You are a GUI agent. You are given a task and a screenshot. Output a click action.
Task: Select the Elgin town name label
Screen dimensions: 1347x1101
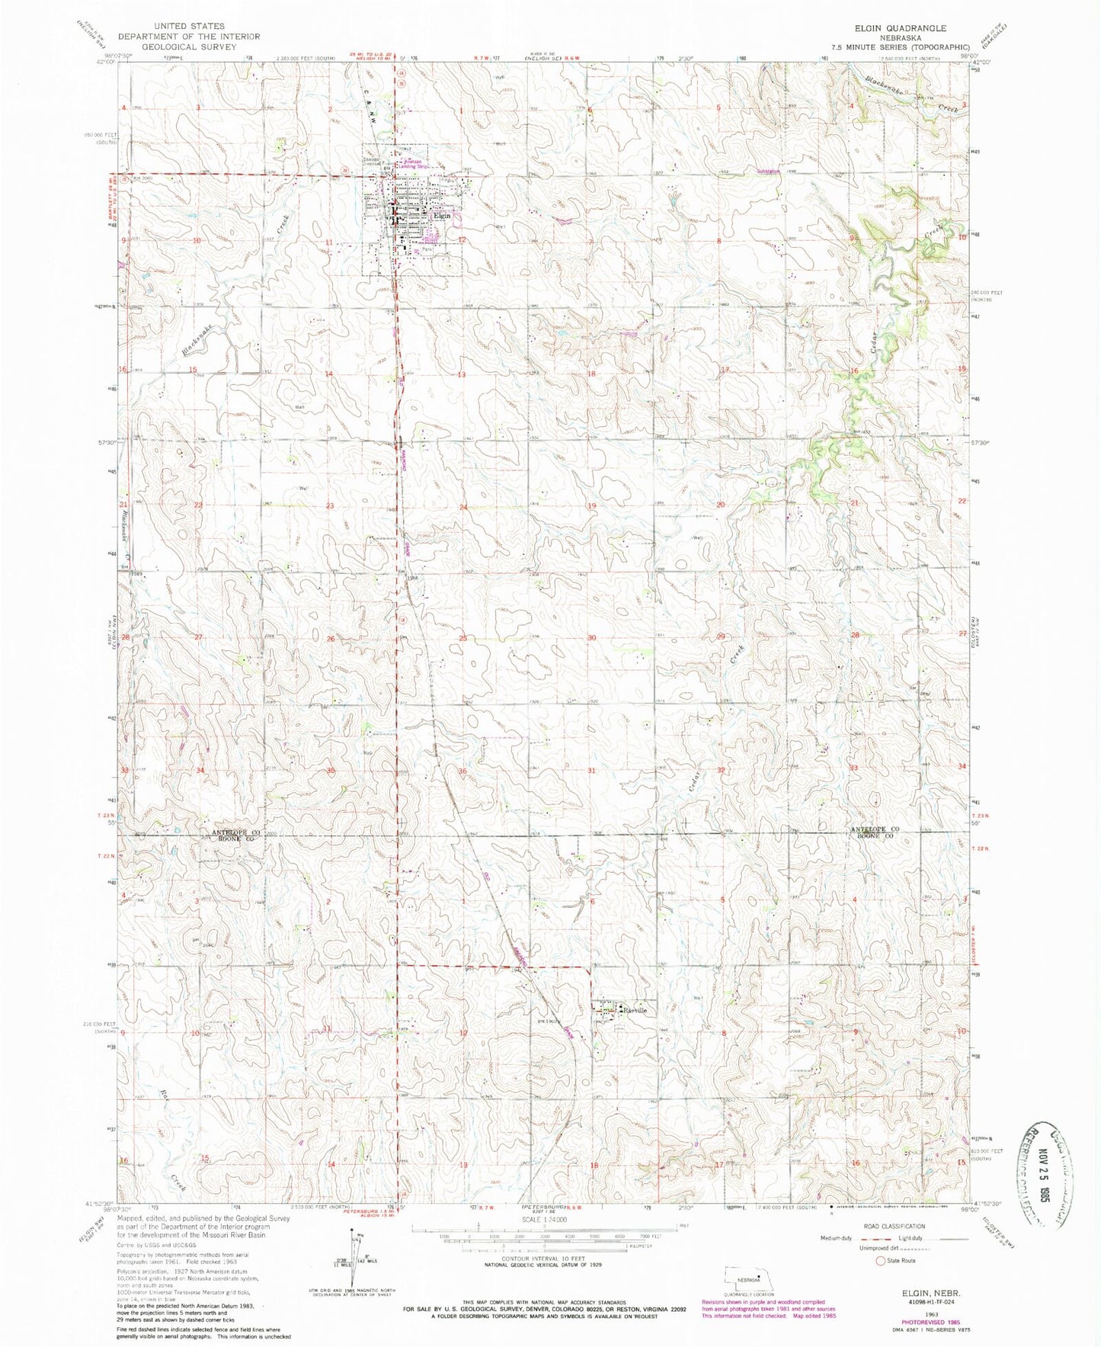[x=442, y=216]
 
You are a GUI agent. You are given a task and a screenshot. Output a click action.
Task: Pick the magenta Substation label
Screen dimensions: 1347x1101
[x=768, y=172]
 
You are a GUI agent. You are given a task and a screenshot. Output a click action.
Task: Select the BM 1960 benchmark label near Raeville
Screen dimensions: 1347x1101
[x=548, y=1021]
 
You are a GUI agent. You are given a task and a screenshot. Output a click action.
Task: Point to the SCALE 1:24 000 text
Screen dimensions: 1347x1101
[x=542, y=1220]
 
